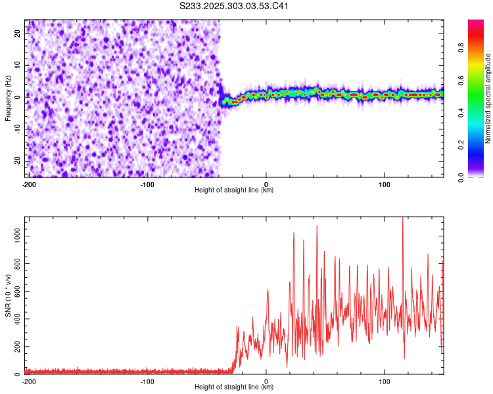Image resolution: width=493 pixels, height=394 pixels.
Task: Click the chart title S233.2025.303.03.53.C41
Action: (x=235, y=7)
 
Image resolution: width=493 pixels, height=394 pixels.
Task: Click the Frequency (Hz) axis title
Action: (x=8, y=98)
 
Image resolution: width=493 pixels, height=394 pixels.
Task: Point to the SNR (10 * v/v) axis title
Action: (x=8, y=295)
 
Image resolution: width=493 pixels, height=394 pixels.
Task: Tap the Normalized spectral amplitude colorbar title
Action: (x=488, y=98)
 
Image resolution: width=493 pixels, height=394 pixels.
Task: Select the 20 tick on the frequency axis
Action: (x=18, y=34)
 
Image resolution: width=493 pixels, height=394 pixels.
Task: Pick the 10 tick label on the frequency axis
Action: (x=18, y=66)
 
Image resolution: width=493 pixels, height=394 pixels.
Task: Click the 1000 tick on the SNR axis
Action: (x=14, y=236)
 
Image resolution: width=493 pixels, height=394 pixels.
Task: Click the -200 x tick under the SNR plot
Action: (x=29, y=381)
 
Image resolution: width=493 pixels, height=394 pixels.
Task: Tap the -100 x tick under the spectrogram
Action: (x=147, y=184)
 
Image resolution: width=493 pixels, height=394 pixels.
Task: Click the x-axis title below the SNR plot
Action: (x=234, y=387)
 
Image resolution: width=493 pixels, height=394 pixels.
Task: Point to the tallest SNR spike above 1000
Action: (x=402, y=219)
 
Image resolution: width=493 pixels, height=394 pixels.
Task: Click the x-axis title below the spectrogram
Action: (x=234, y=190)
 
